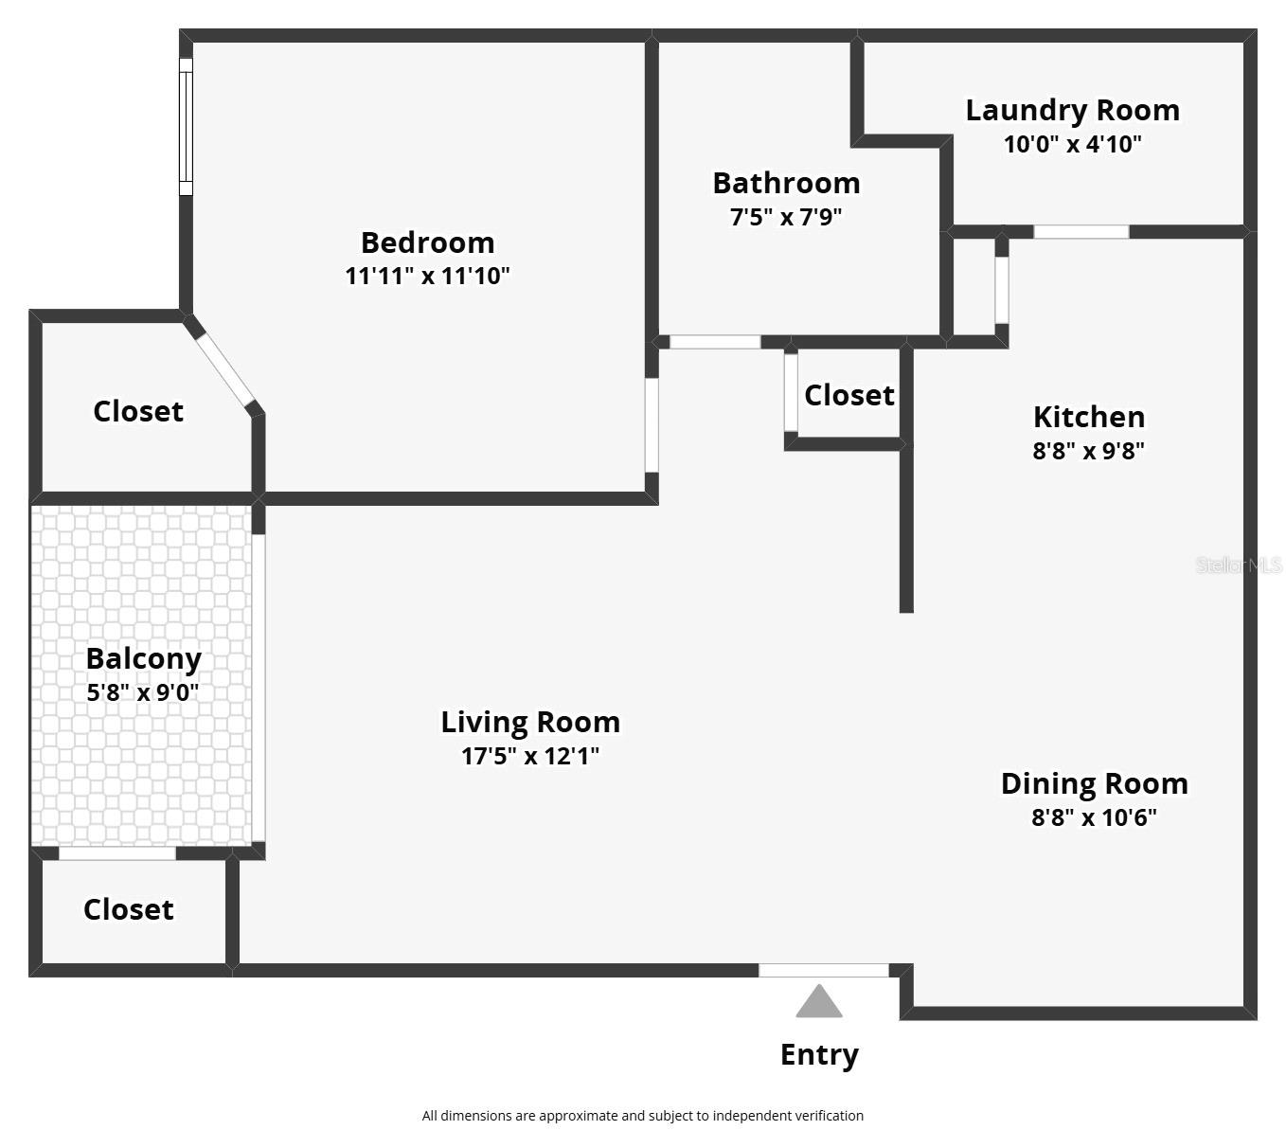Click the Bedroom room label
[427, 242]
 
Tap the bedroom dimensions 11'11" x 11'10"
[427, 277]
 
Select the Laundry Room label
[1072, 110]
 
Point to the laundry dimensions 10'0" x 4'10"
[1072, 144]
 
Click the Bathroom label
[786, 183]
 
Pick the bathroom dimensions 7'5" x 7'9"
[786, 217]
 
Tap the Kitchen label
[1088, 417]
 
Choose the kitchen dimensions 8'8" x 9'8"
[1088, 451]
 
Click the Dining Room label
[1094, 783]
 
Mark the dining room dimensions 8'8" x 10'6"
[1094, 817]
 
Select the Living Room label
[530, 722]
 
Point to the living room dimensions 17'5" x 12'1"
[530, 756]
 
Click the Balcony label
[143, 658]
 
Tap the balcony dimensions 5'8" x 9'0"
[143, 692]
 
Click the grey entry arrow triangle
[819, 1003]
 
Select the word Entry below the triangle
[819, 1054]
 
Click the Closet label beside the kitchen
[848, 395]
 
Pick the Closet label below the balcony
[128, 909]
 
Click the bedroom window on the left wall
[186, 127]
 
